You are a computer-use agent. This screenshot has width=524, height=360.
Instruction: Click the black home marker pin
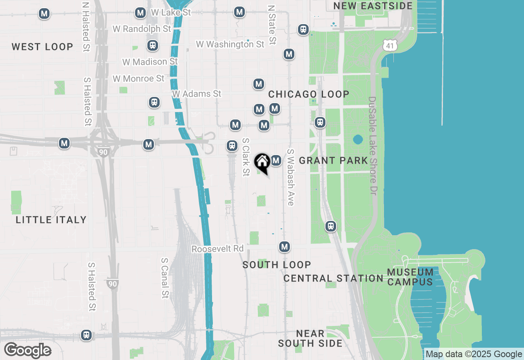262,162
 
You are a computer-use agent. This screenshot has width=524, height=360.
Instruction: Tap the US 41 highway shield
391,45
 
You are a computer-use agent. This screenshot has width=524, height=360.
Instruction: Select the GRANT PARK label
333,160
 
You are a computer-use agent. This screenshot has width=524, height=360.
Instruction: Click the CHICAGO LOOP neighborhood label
309,94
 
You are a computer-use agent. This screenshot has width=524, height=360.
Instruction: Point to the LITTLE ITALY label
51,220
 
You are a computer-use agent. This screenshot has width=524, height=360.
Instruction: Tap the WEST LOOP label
42,47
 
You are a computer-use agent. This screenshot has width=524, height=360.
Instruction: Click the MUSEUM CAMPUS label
410,277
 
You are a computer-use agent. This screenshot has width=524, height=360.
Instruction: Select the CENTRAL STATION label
333,278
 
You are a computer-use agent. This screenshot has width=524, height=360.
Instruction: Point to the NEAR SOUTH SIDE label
310,338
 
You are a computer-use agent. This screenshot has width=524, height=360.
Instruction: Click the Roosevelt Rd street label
217,249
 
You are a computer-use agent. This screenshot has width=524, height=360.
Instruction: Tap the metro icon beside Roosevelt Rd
285,247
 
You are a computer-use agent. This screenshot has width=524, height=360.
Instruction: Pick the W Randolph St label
142,29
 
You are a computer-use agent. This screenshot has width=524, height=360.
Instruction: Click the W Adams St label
196,94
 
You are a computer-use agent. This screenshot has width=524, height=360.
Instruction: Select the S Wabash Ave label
291,177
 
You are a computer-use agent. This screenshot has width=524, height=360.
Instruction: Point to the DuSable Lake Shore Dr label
372,146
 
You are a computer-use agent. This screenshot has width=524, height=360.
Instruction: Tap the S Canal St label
165,278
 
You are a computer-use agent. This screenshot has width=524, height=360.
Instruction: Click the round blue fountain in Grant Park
358,140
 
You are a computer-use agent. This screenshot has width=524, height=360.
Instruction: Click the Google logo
27,350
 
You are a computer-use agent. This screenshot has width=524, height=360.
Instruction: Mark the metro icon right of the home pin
276,160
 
